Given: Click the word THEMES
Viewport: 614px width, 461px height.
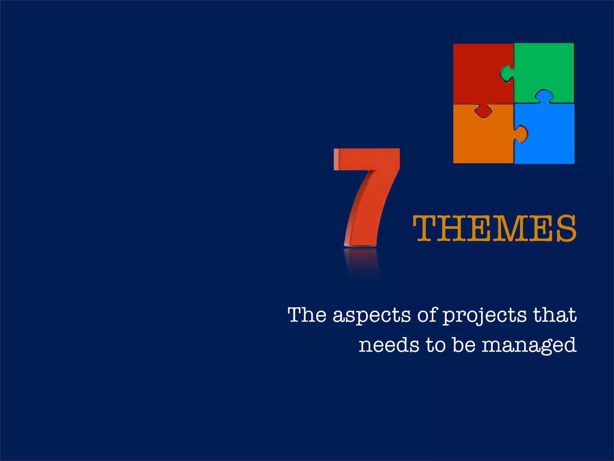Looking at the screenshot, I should click(495, 229).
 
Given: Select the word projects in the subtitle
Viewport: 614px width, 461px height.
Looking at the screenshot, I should click(484, 316).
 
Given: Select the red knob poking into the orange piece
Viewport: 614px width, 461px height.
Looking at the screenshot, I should click(483, 111).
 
